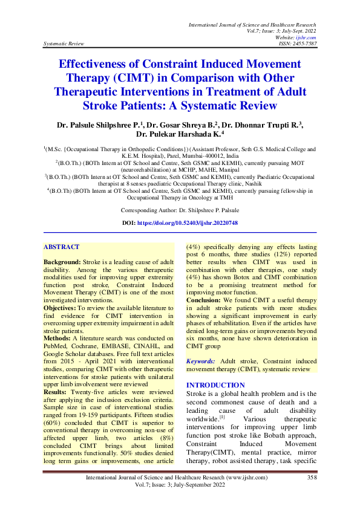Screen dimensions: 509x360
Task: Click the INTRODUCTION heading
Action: pos(215,385)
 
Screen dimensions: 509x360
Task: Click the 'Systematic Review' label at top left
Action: pos(64,44)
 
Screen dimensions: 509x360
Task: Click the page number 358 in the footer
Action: pos(312,494)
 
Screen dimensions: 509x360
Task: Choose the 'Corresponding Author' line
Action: pos(180,210)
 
